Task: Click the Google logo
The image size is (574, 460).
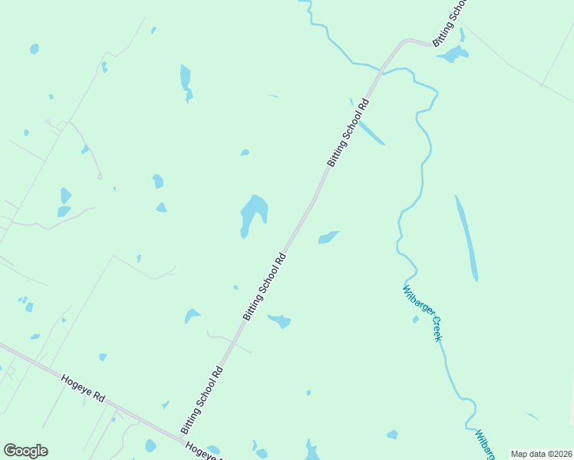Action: tap(25, 451)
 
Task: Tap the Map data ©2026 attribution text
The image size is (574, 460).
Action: tap(541, 454)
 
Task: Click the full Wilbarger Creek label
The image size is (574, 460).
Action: tap(423, 313)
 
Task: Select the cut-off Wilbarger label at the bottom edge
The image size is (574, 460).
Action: tap(483, 445)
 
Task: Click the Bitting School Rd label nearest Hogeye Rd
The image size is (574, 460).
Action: tap(202, 399)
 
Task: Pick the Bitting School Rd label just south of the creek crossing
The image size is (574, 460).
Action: tap(348, 133)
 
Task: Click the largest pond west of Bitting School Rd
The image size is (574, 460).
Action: tap(252, 212)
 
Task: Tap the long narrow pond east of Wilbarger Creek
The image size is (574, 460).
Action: tap(467, 238)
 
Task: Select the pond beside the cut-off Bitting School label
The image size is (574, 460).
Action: tap(454, 54)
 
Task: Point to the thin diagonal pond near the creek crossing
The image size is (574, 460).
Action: tap(371, 133)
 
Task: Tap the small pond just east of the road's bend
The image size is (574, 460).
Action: tap(328, 237)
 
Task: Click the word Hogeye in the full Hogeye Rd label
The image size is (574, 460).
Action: tap(76, 383)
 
